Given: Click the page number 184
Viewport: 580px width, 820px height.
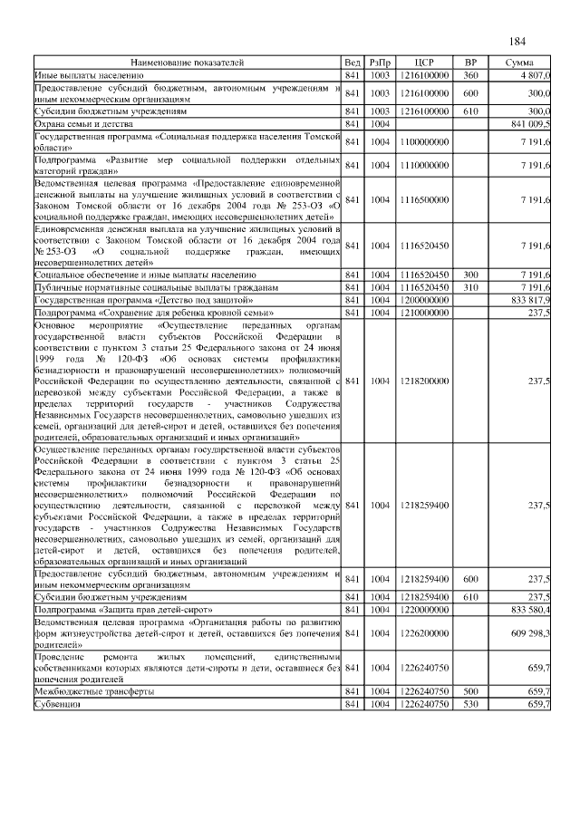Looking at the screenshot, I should [517, 42].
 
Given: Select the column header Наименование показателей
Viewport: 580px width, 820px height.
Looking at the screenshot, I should [187, 63].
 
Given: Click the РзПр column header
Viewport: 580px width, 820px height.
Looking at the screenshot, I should [380, 63].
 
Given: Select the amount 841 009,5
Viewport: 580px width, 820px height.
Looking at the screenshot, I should [530, 122].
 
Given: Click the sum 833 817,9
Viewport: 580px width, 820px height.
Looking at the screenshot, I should [530, 298].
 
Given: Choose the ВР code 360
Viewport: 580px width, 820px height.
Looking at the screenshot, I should [470, 73].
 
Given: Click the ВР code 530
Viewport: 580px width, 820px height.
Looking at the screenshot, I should [470, 703].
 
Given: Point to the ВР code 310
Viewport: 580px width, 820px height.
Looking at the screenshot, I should [470, 286].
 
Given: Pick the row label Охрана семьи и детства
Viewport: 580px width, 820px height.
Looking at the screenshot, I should [83, 122].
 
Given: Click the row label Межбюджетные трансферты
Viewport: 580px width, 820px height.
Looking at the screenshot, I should [93, 691].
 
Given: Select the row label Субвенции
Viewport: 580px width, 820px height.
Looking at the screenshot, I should [57, 703].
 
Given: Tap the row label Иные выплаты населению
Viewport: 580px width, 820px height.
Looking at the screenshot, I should [89, 73].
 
